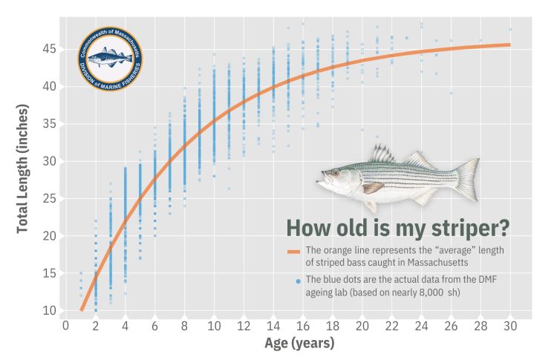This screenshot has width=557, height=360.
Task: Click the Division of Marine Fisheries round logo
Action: click(x=111, y=58)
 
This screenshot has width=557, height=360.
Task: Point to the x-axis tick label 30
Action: click(x=510, y=325)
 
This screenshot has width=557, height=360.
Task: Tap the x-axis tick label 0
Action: click(x=65, y=325)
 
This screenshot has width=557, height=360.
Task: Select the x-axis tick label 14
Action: click(x=273, y=325)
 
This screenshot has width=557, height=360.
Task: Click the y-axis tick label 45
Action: click(x=48, y=48)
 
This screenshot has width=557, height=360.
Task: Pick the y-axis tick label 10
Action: click(x=48, y=310)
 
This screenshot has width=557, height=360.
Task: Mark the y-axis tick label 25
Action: click(x=48, y=198)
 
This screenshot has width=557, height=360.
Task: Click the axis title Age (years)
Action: click(x=299, y=344)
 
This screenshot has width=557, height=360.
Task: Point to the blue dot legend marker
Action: click(x=298, y=281)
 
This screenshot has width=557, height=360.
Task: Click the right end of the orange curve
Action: click(x=509, y=45)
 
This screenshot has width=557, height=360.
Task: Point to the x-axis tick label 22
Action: click(x=392, y=325)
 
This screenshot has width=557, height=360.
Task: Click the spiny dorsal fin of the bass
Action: click(x=382, y=155)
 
